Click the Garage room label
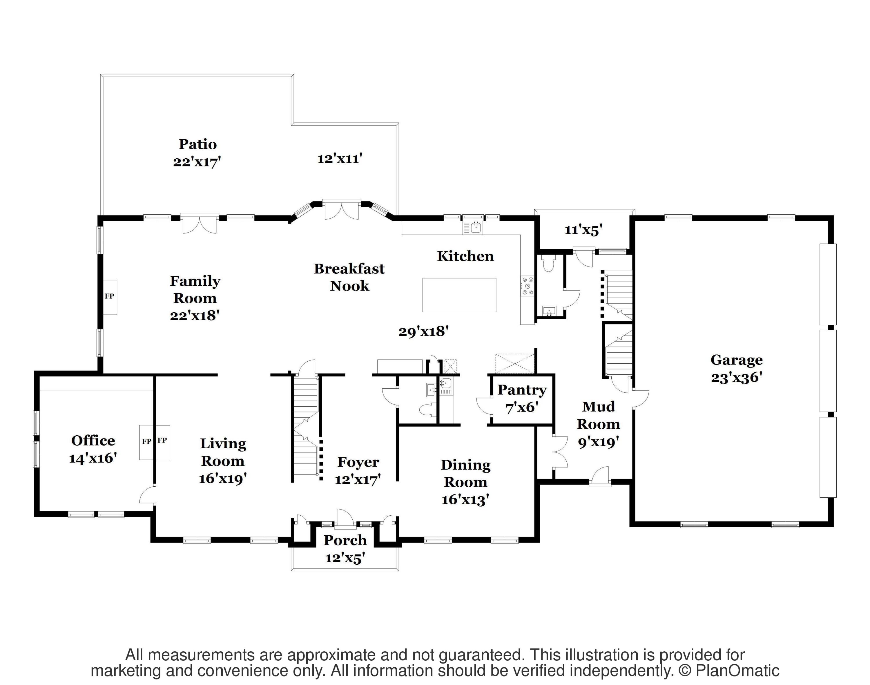click(736, 360)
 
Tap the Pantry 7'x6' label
click(522, 399)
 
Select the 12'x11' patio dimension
click(340, 159)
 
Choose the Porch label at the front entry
click(345, 540)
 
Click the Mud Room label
click(599, 415)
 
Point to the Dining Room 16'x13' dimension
click(465, 500)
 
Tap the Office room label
click(93, 440)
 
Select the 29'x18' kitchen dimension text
click(423, 332)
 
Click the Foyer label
click(358, 462)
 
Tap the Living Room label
click(223, 452)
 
